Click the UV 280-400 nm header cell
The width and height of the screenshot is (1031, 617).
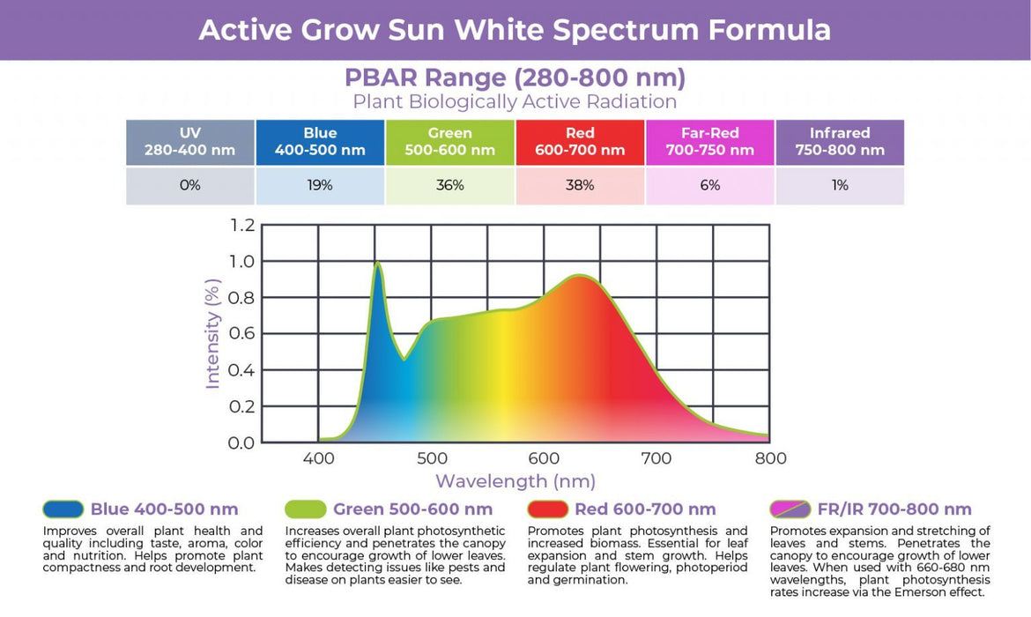(x=190, y=142)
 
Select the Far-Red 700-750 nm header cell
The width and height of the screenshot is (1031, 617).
(x=710, y=142)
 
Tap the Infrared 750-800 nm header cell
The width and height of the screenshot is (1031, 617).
(x=840, y=142)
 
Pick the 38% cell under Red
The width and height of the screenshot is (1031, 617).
(x=580, y=185)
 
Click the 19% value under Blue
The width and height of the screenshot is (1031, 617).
(x=320, y=185)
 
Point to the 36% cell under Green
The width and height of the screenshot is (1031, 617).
(x=449, y=185)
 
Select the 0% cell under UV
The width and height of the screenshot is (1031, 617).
(x=190, y=185)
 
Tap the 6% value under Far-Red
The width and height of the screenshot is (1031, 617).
(x=710, y=185)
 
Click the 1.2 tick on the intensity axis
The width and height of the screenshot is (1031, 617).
(x=242, y=226)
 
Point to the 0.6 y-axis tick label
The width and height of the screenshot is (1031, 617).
(x=241, y=333)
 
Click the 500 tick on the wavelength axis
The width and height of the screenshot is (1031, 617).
(x=432, y=458)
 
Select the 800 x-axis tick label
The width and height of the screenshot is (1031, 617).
(x=771, y=458)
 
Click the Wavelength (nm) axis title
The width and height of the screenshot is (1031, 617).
(x=515, y=481)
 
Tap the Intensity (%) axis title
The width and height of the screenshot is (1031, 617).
(x=212, y=334)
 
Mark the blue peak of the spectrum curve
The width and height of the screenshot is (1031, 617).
(x=378, y=264)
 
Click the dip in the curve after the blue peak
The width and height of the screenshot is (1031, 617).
(x=404, y=359)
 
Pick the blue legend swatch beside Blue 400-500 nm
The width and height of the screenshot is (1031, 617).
(x=63, y=509)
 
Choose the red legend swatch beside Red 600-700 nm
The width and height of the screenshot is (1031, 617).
(x=548, y=509)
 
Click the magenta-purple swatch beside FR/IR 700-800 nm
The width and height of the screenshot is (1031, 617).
(x=790, y=509)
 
